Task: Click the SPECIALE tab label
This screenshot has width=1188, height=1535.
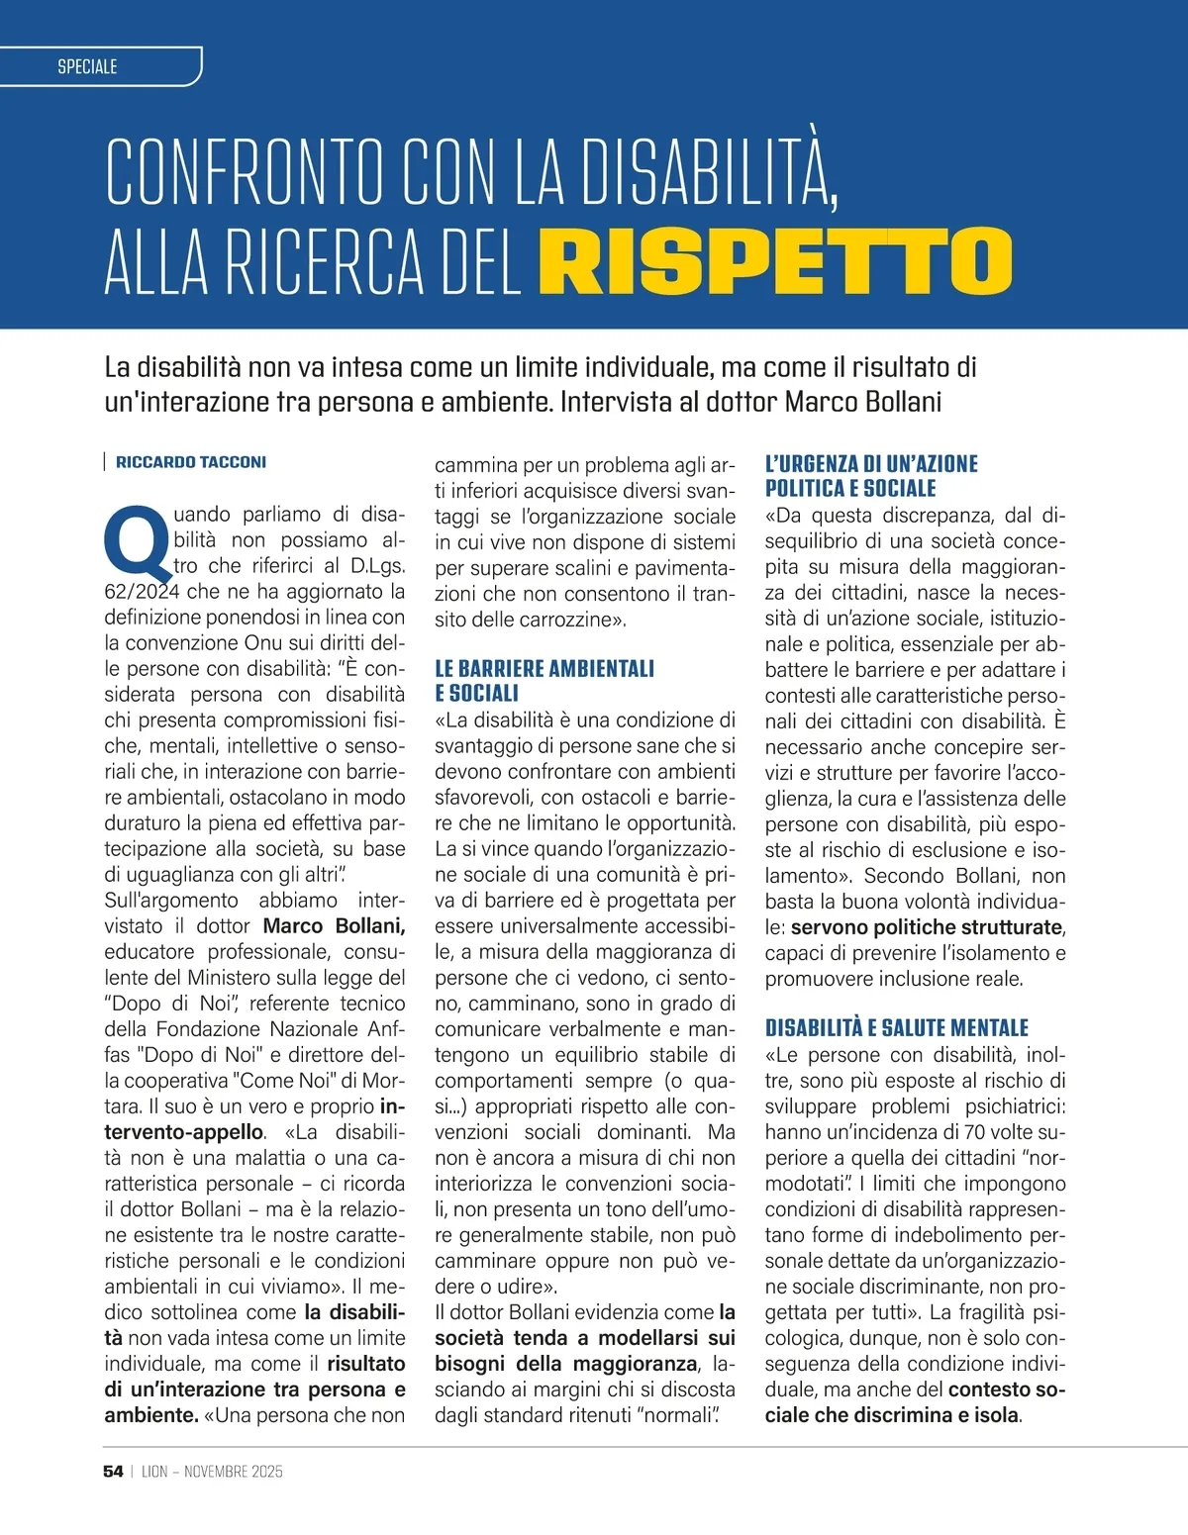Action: [87, 66]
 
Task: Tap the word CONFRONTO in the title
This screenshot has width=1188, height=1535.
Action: [244, 173]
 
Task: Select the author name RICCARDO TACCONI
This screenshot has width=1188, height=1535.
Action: [191, 462]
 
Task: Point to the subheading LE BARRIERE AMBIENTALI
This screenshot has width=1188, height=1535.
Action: [544, 669]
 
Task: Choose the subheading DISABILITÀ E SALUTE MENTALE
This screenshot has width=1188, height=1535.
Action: [896, 1028]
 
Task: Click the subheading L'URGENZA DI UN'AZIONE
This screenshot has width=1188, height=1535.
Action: [871, 463]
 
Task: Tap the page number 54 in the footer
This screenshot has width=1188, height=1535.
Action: [113, 1472]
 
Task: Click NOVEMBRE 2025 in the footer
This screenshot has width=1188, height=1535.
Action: [234, 1472]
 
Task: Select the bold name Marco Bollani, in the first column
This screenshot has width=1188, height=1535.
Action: [334, 926]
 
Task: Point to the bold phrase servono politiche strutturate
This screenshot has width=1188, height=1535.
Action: [927, 927]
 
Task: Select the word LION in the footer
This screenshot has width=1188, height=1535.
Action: [154, 1472]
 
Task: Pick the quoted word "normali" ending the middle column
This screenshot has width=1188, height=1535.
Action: [681, 1415]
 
